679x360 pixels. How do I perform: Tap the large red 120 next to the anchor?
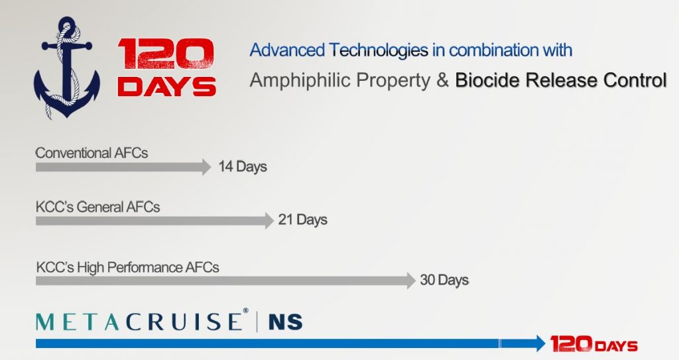pyautogui.click(x=166, y=54)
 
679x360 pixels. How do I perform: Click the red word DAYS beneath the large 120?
pyautogui.click(x=166, y=87)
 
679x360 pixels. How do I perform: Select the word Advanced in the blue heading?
pyautogui.click(x=287, y=50)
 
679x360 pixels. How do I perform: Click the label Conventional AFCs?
pyautogui.click(x=92, y=153)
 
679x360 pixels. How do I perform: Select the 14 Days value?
pyautogui.click(x=243, y=167)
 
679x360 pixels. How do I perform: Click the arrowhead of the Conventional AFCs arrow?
pyautogui.click(x=206, y=167)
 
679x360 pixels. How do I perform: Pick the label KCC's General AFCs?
pyautogui.click(x=97, y=207)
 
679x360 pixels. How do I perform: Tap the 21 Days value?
pyautogui.click(x=302, y=219)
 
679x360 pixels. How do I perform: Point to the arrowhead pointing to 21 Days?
pyautogui.click(x=269, y=220)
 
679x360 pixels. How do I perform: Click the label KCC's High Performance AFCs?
pyautogui.click(x=127, y=268)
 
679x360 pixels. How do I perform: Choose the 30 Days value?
pyautogui.click(x=444, y=280)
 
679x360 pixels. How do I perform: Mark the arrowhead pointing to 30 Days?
pyautogui.click(x=410, y=280)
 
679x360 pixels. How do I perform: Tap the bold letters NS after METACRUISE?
pyautogui.click(x=285, y=322)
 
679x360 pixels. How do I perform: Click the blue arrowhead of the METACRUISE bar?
pyautogui.click(x=538, y=343)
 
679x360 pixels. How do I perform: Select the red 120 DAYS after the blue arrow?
pyautogui.click(x=593, y=344)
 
